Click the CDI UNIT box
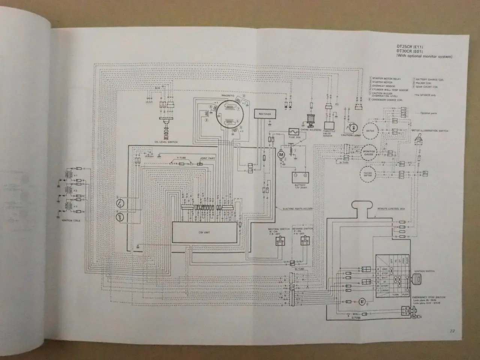pyautogui.click(x=207, y=232)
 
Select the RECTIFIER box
pyautogui.click(x=265, y=114)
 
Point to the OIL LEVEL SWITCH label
pyautogui.click(x=165, y=142)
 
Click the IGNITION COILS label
pyautogui.click(x=70, y=220)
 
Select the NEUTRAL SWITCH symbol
pyautogui.click(x=279, y=242)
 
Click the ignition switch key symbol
pyautogui.click(x=417, y=279)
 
